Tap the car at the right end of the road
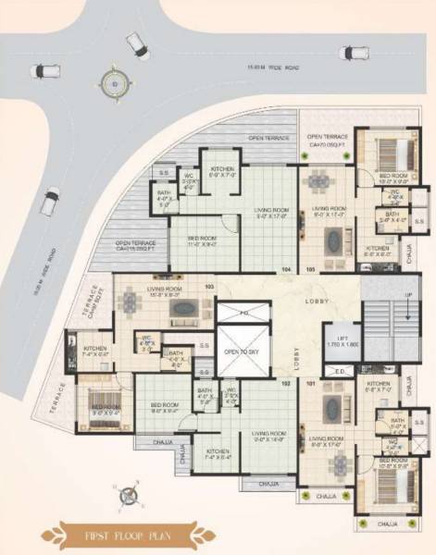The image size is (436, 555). click(353, 52)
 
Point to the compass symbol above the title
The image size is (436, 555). click(130, 496)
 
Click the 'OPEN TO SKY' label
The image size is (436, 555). click(243, 353)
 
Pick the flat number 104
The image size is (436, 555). click(286, 270)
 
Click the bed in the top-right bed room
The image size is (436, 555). click(386, 150)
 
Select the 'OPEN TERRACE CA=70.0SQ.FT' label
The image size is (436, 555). click(325, 140)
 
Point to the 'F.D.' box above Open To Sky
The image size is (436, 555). click(243, 314)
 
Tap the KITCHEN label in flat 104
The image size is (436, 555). click(222, 169)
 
